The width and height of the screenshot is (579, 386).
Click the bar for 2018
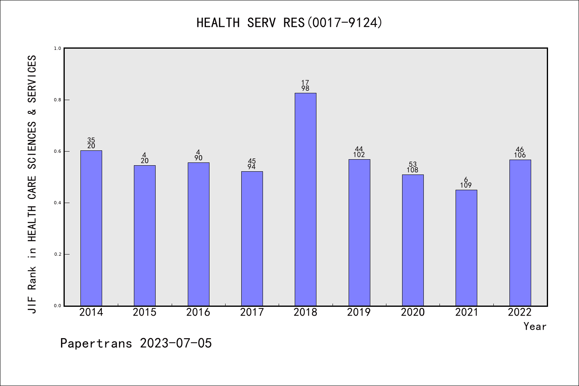305,199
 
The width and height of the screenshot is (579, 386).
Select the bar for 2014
91,228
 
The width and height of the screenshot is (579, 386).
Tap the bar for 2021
466,248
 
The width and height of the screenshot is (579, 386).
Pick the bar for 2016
198,234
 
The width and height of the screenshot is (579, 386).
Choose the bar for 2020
413,240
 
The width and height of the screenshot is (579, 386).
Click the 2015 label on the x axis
144,312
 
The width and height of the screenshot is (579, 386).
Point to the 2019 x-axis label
359,312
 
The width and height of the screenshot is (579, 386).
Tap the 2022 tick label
520,312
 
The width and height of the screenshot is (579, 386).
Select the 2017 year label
252,312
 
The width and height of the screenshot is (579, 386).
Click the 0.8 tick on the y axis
57,100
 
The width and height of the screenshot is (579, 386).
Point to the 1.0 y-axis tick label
57,48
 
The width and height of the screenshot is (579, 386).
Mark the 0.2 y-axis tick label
57,254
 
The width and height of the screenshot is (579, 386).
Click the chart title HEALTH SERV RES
289,23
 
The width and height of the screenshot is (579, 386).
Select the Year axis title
535,326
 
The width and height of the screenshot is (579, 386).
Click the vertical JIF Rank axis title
32,184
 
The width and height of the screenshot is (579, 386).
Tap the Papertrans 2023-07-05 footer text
136,343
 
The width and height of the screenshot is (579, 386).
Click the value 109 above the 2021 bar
466,185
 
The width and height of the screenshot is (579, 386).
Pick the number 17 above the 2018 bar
305,83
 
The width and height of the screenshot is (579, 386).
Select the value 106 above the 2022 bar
520,155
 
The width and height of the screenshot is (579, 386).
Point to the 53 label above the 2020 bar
413,164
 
